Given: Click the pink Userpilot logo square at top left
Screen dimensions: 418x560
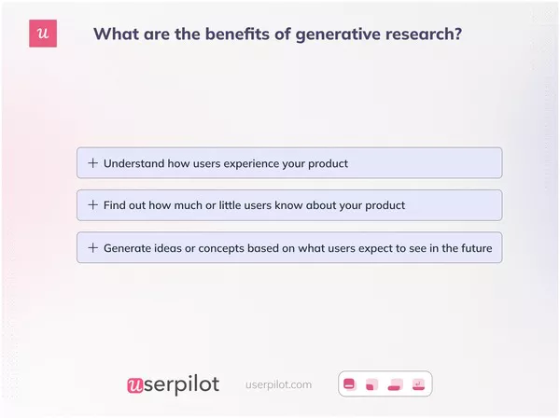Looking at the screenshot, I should click(43, 35).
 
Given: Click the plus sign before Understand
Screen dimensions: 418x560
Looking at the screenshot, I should click(92, 163).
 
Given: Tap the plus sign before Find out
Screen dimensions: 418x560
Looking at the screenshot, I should click(92, 204).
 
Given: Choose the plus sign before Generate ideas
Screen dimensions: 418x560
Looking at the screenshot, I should click(92, 248).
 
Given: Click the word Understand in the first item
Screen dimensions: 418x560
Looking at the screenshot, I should click(133, 163).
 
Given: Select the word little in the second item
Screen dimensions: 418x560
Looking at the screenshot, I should click(257, 204).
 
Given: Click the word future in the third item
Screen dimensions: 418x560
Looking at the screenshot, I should click(471, 248).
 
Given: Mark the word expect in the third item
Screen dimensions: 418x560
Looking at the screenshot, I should click(363, 248).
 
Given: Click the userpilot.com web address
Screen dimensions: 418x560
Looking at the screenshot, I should click(278, 384).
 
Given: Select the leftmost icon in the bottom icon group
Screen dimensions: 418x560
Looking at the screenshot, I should click(350, 383).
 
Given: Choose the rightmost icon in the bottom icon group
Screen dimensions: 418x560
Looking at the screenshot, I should click(419, 383).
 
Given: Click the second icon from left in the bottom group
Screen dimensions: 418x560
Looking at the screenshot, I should click(371, 383).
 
